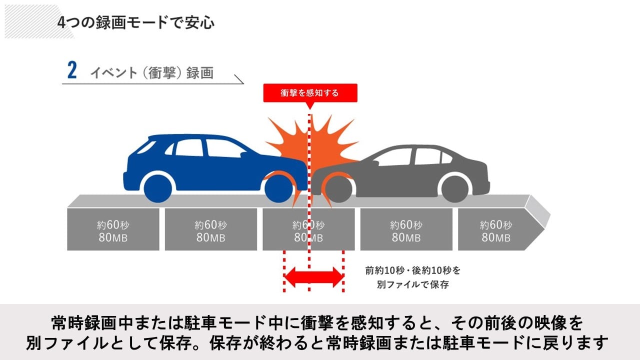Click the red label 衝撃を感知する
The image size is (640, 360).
(310, 92)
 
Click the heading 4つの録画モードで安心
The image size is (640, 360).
(136, 23)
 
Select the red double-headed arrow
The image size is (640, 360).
(313, 276)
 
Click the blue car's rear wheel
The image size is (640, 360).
(159, 187)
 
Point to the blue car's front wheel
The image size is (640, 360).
(278, 187)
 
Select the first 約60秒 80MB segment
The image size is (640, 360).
(113, 230)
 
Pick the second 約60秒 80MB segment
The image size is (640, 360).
(211, 230)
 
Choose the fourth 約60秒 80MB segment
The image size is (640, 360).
(406, 230)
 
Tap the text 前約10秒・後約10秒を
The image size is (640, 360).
(412, 270)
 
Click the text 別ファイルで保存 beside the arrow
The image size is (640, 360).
(412, 285)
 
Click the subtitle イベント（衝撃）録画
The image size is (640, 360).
(151, 72)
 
